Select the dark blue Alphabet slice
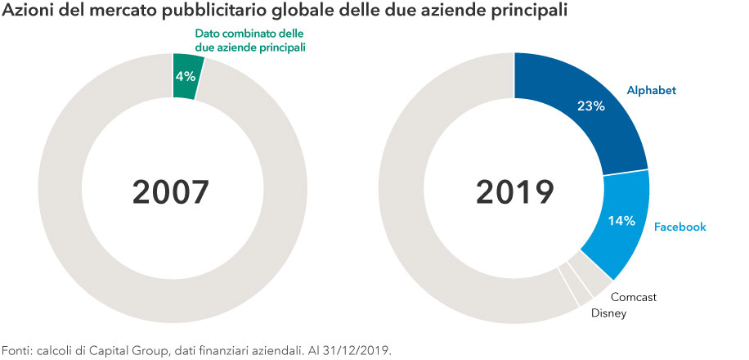(582, 115)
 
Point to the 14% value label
(621, 220)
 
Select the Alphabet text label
(651, 90)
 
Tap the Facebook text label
(680, 227)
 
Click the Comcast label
(635, 297)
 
